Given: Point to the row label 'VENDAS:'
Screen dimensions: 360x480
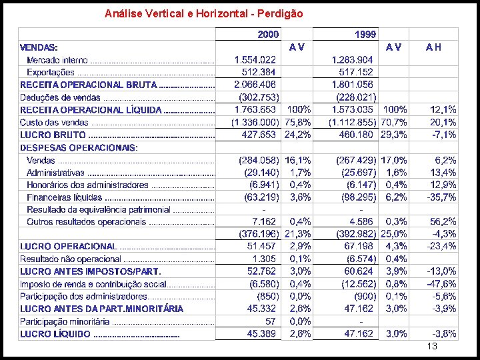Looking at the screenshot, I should (39, 47).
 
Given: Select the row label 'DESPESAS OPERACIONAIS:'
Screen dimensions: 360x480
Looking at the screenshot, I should (79, 147).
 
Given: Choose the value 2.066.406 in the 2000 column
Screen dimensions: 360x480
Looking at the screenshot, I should (255, 85).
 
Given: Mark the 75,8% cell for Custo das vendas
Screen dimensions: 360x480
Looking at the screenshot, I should (298, 123).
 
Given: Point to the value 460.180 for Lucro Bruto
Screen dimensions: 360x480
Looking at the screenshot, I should (355, 135).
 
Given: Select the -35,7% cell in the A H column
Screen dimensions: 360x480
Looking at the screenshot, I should (442, 197).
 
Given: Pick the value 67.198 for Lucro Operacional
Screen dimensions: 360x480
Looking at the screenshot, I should (358, 246).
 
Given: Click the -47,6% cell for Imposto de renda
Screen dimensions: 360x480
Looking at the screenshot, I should (442, 284).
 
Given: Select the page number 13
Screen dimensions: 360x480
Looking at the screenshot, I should (431, 347).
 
